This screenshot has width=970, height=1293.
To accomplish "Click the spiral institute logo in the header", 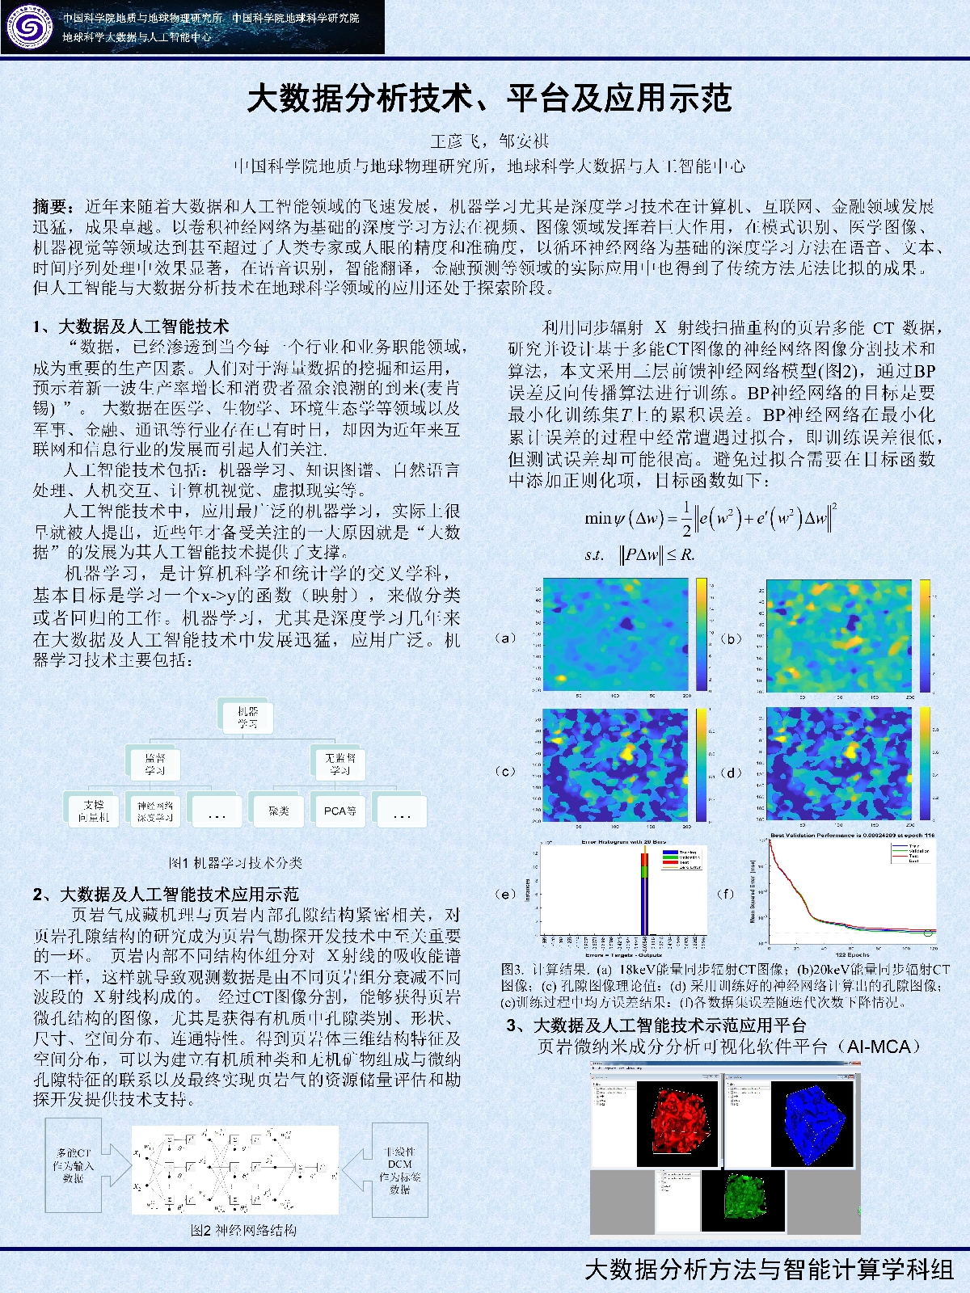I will coord(29,27).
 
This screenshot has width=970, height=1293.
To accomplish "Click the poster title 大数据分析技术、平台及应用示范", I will coord(489,99).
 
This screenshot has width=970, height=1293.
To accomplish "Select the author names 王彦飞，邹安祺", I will coord(489,141).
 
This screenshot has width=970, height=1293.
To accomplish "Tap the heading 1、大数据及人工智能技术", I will coord(131,326).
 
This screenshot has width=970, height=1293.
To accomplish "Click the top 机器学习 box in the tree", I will coord(247,717).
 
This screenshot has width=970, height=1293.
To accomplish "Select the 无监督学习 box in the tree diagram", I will coord(339,764).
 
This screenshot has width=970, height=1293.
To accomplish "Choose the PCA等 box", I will coord(339,811).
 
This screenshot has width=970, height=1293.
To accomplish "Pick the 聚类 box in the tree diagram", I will coord(278,811).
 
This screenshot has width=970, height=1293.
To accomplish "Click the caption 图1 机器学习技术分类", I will coord(235,862).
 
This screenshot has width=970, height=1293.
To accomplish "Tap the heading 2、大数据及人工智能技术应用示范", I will coord(166,894).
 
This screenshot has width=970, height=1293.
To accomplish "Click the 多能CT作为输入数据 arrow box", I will coord(74,1165).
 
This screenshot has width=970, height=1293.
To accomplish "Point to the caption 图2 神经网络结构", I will coord(243,1230).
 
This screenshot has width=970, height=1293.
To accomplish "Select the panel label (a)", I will coord(504,638).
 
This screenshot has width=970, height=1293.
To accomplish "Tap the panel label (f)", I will coord(725,893).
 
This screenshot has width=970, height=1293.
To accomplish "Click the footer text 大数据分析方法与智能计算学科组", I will coord(769,1270).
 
